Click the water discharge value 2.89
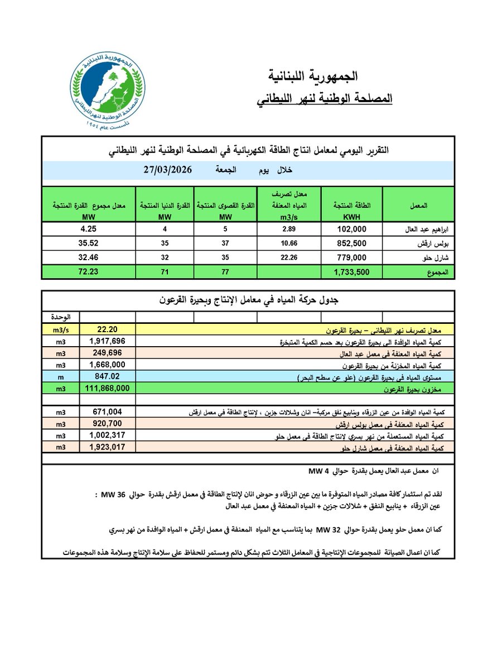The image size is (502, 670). tap(288, 228)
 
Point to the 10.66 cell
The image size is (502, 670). tap(288, 243)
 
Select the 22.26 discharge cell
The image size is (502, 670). tap(288, 257)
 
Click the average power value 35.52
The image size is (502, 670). tap(89, 243)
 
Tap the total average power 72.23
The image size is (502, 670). tap(89, 272)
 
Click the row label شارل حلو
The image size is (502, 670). tap(424, 257)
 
